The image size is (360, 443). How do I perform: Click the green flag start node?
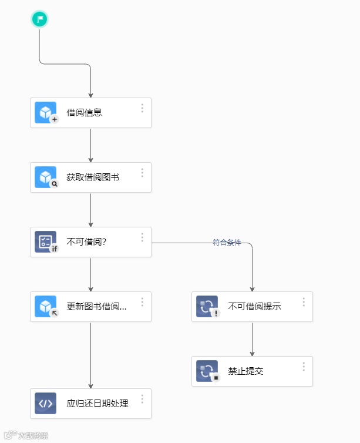[x=39, y=19]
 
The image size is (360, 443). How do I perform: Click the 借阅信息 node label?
[x=84, y=113]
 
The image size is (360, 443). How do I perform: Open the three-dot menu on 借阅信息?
[x=142, y=108]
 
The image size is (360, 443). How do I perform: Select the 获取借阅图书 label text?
[x=93, y=177]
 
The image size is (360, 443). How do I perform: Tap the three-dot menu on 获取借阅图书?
[x=142, y=173]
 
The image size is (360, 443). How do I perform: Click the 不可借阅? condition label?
[x=86, y=242]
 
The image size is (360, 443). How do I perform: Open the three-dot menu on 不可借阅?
[x=142, y=237]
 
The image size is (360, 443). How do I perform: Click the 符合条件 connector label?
[x=227, y=242]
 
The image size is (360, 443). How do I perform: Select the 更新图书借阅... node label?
[x=96, y=307]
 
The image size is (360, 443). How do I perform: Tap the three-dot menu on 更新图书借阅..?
[x=142, y=302]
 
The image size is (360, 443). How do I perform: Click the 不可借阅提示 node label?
[x=254, y=307]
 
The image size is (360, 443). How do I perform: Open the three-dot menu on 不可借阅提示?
[x=304, y=302]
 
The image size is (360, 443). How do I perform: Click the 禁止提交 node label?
[x=245, y=371]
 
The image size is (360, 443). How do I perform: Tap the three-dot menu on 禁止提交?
[x=304, y=367]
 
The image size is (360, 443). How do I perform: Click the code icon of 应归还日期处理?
[x=45, y=404]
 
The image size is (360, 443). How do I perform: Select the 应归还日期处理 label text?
[x=97, y=404]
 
